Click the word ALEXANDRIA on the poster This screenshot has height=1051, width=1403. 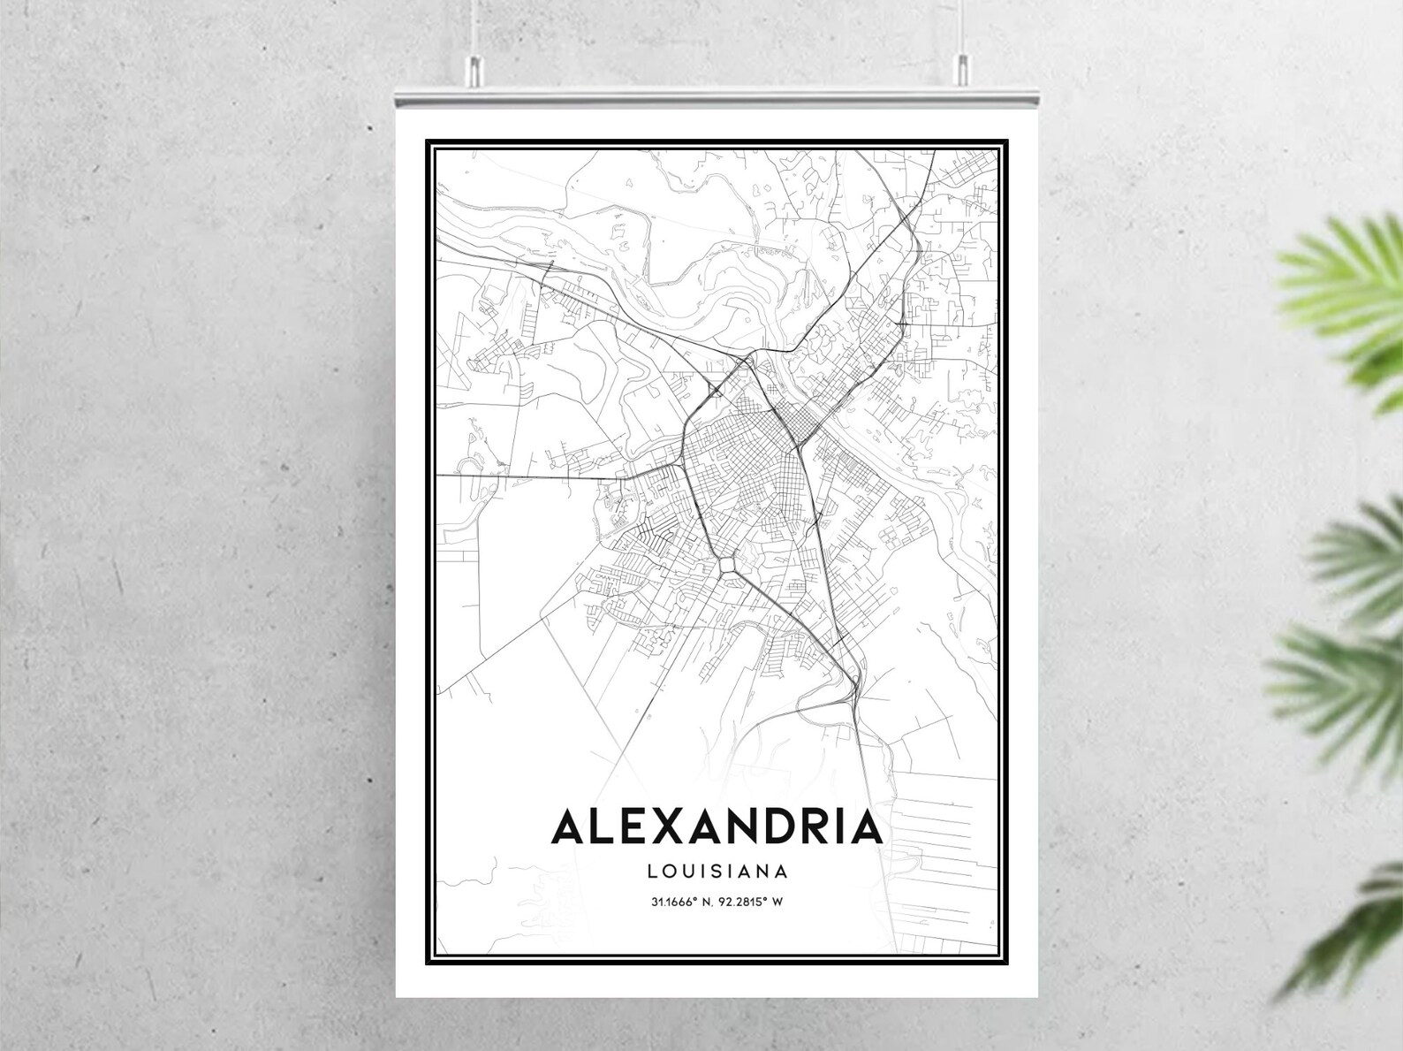point(717,827)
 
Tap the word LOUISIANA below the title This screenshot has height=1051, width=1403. point(717,872)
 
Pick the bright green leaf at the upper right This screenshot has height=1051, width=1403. point(1343,301)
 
